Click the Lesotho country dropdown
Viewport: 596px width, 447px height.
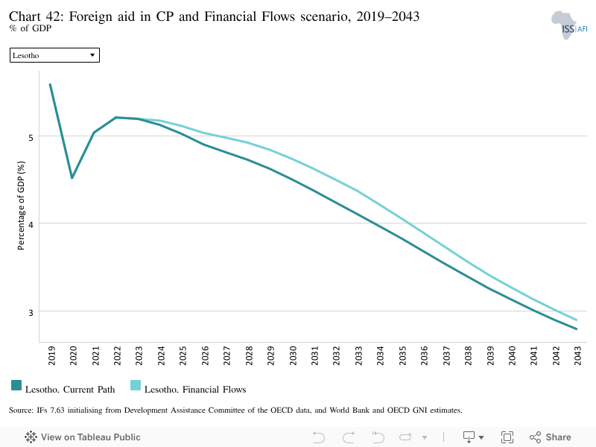click(x=54, y=55)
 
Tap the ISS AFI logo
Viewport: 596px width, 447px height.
click(x=569, y=25)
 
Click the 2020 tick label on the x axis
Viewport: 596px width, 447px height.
click(x=73, y=356)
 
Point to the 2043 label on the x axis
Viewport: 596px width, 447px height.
click(x=578, y=356)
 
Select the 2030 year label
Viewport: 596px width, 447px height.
click(x=293, y=356)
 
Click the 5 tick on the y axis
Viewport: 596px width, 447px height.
click(x=31, y=138)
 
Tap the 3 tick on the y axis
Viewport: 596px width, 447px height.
click(x=31, y=312)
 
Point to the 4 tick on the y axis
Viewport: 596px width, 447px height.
click(x=31, y=225)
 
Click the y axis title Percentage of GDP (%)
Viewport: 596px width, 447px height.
click(x=21, y=206)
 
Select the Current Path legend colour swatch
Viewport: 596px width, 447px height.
click(x=16, y=385)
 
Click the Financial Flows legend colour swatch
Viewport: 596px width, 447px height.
click(x=136, y=385)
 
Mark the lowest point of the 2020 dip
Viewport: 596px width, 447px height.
click(x=72, y=178)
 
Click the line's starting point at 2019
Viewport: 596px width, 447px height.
click(x=50, y=84)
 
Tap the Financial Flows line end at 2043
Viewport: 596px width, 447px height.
click(x=577, y=320)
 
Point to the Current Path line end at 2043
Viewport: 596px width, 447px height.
click(x=577, y=329)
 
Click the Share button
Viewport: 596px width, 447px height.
click(x=550, y=437)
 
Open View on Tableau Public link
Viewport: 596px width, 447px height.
click(x=83, y=437)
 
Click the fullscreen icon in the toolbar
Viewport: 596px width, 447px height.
click(x=507, y=437)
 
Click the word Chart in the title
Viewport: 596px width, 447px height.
click(x=25, y=16)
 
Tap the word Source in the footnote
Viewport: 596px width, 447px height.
click(x=21, y=410)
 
